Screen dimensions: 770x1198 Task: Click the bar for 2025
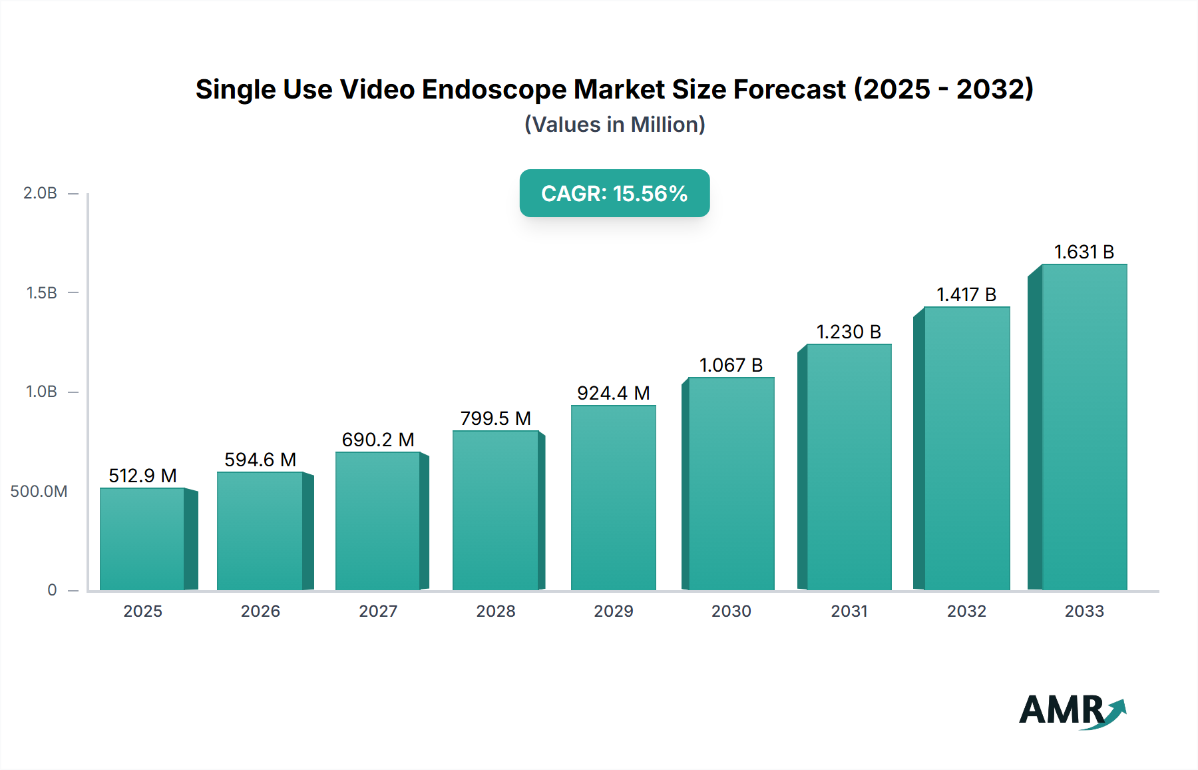coord(142,539)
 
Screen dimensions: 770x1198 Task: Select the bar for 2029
coord(613,498)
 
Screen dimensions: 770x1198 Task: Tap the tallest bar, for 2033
coord(1084,427)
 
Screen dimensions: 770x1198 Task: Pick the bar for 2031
coord(849,467)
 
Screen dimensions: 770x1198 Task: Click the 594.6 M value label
coord(260,460)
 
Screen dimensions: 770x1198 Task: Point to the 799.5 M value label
coord(496,418)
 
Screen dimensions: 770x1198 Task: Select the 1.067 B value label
coord(731,365)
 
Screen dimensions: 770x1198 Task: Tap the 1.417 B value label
coord(966,294)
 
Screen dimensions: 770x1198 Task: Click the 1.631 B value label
coord(1084,252)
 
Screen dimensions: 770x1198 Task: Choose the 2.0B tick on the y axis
coord(41,193)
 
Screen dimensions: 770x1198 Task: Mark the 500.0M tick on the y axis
coord(39,492)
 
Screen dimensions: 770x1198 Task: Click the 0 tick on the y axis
coord(52,590)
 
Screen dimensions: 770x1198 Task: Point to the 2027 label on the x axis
coord(378,611)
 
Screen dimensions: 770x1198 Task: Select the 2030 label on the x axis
coord(731,611)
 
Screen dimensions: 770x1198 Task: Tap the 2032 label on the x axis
coord(966,611)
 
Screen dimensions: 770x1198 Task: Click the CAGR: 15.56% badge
coord(614,193)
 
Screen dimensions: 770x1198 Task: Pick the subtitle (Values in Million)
coord(614,125)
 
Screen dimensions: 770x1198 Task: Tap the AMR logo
coord(1072,710)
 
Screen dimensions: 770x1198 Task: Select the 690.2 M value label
coord(378,440)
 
